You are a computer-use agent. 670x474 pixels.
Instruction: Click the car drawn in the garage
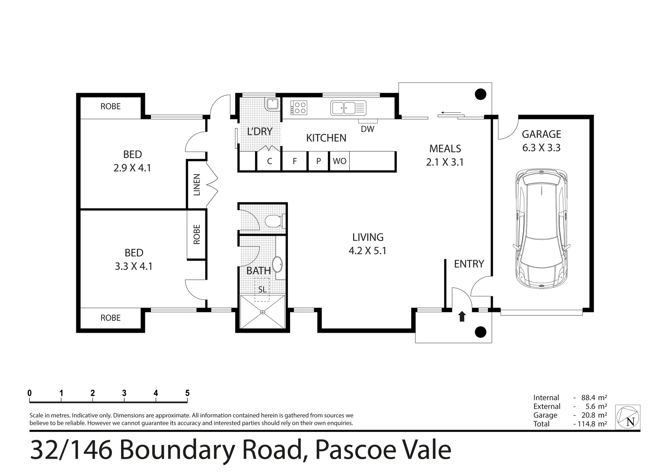coord(541,228)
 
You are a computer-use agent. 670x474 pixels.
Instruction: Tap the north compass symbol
coord(628,417)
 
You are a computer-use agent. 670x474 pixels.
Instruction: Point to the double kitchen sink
coord(344,108)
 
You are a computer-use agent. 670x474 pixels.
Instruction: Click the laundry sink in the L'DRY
coord(271,104)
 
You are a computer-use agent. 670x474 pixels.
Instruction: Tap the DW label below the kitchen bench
coord(367,129)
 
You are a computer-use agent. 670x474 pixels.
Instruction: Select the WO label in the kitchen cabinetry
coord(339,161)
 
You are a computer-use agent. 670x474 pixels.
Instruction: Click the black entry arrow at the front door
coord(462,316)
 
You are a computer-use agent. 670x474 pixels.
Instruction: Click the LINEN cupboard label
coord(197,184)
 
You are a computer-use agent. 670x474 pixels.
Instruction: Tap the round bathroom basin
coord(278,265)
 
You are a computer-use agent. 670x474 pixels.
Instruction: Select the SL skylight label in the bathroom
coord(262,290)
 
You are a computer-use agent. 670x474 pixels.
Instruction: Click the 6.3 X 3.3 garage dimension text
coord(541,148)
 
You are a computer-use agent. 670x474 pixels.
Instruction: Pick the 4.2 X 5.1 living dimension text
coord(368,251)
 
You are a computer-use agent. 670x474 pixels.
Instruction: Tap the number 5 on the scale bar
coord(187,393)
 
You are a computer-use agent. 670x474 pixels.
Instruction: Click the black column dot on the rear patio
coord(481,94)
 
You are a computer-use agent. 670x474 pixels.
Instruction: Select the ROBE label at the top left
coord(110,106)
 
